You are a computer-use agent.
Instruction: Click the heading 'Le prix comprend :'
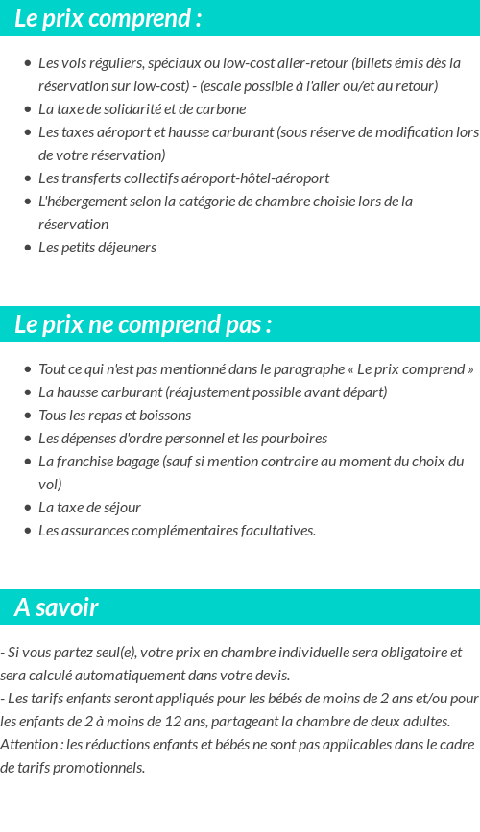(x=108, y=18)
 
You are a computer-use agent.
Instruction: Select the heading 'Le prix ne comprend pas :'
(x=143, y=324)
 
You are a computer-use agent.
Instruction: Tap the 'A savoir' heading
(x=57, y=607)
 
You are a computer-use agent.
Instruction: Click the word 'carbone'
(x=222, y=109)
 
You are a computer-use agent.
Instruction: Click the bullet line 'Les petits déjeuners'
(x=97, y=248)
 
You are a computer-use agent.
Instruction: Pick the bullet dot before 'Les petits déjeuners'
(x=27, y=248)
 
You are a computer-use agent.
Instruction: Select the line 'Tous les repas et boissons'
(x=114, y=416)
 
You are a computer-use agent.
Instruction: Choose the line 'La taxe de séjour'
(x=89, y=508)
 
